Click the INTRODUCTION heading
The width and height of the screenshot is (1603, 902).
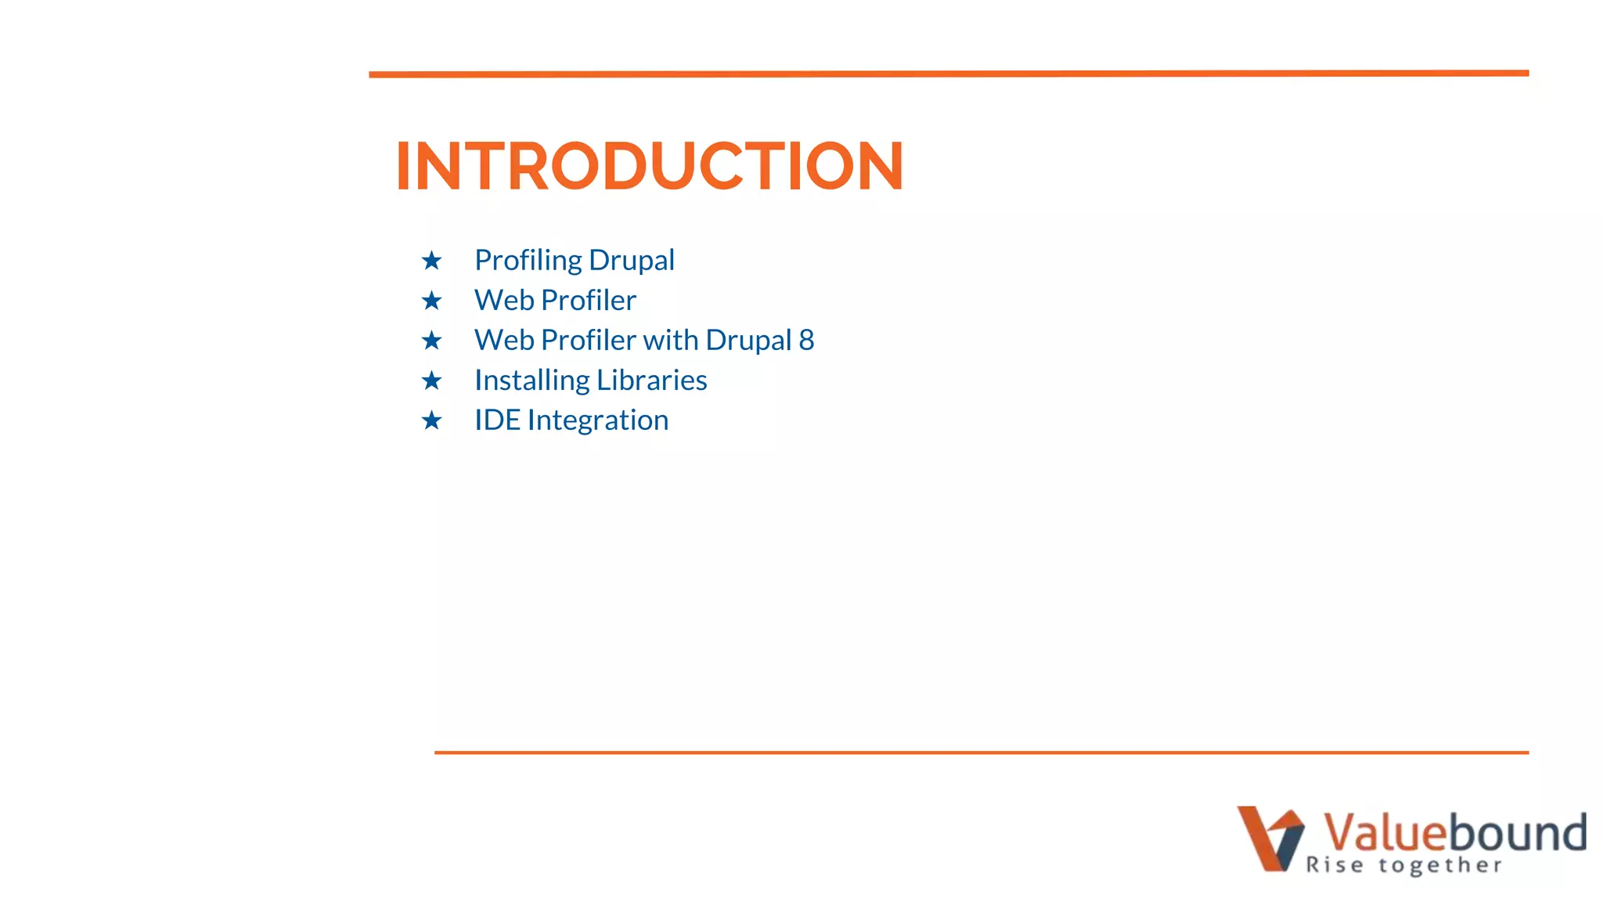click(650, 166)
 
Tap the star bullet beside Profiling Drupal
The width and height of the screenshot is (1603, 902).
click(431, 261)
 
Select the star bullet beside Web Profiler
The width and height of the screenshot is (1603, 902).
click(431, 301)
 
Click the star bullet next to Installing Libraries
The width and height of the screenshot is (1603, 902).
click(431, 381)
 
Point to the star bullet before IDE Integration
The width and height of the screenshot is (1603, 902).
click(431, 420)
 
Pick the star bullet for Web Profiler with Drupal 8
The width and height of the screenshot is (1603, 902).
click(431, 341)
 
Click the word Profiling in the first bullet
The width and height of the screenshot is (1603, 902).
click(528, 261)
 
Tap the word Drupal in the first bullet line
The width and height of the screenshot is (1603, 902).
click(632, 261)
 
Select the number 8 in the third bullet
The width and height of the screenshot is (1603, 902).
click(806, 341)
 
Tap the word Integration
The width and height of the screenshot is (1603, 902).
click(598, 420)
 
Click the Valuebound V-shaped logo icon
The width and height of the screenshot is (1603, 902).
click(1270, 838)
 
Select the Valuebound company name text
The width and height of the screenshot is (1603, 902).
click(1454, 832)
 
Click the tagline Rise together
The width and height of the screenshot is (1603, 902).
click(1403, 865)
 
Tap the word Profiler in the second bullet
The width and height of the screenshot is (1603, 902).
click(589, 301)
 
